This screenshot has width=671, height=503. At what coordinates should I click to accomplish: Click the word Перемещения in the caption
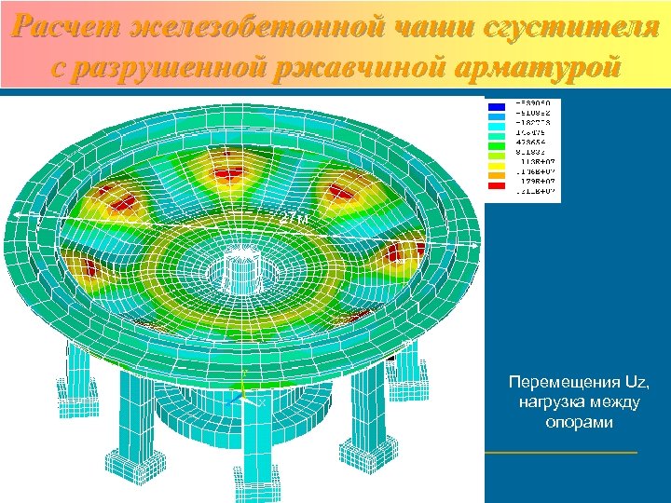[x=557, y=382]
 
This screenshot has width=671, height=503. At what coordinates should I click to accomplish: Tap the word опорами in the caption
[x=578, y=423]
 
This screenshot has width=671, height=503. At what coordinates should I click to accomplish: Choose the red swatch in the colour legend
[x=496, y=188]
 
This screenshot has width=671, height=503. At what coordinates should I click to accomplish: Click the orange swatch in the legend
[x=496, y=178]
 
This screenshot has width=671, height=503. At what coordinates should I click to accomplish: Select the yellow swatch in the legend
[x=496, y=168]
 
